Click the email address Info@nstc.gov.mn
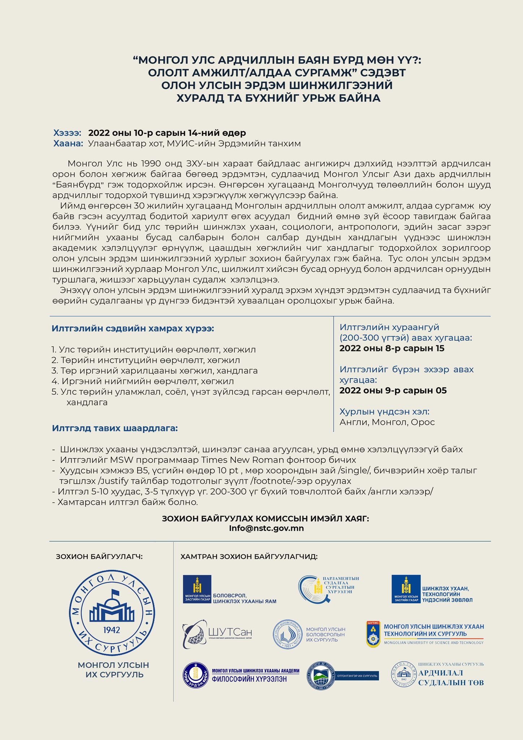[266, 528]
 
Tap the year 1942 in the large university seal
[112, 630]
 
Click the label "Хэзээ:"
[67, 133]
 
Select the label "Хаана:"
[68, 143]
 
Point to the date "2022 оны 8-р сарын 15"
[392, 348]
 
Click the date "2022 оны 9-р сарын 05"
[393, 390]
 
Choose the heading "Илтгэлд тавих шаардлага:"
[115, 428]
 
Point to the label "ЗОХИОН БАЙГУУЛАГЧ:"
[99, 556]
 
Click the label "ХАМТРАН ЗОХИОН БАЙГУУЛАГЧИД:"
[249, 556]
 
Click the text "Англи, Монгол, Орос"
[387, 422]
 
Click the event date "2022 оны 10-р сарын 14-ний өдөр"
[167, 133]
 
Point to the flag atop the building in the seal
[116, 593]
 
